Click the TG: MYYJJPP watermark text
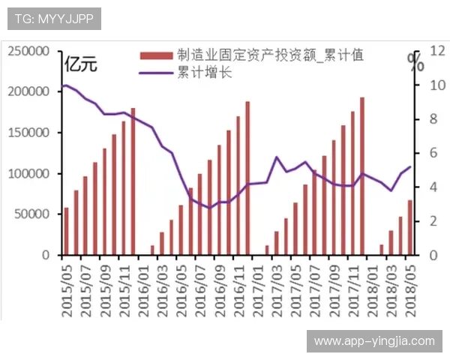(x=49, y=19)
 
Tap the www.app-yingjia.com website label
(x=374, y=341)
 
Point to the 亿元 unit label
(x=81, y=64)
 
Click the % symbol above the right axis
(x=415, y=61)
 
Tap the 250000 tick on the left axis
(x=29, y=51)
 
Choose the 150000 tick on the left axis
(x=29, y=133)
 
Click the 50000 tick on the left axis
(x=32, y=214)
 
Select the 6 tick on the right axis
(x=424, y=153)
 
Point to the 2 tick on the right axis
(x=424, y=221)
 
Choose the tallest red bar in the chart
(x=361, y=176)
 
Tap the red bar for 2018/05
(x=409, y=227)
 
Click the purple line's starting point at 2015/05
(x=66, y=85)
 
